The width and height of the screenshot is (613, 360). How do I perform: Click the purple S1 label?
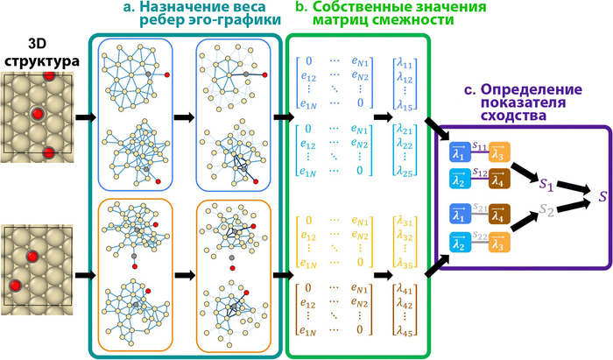545,187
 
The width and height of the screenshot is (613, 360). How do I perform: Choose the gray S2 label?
545,212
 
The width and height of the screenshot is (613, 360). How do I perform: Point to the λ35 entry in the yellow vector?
404,260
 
